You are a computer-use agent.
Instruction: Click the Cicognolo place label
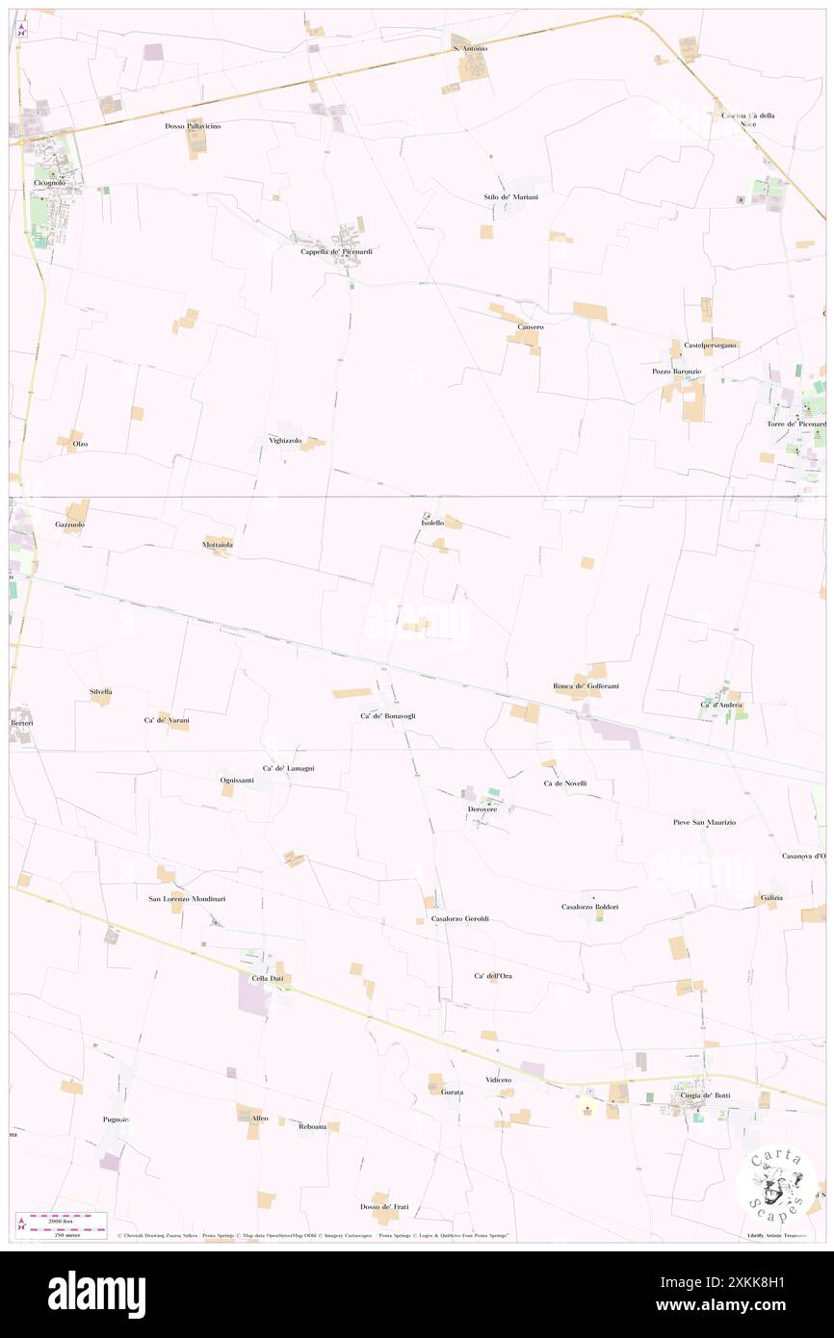click(x=49, y=182)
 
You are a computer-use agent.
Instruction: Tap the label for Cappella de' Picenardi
click(x=336, y=252)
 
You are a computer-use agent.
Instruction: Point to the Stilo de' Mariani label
click(x=510, y=197)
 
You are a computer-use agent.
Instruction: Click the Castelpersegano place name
click(x=711, y=345)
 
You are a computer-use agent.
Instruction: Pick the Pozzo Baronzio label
click(x=676, y=372)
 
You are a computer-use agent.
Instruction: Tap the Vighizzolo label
click(x=285, y=440)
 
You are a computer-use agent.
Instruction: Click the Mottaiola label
click(x=218, y=545)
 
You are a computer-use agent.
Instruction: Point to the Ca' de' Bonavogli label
click(x=388, y=716)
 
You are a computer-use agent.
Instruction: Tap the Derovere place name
click(x=482, y=810)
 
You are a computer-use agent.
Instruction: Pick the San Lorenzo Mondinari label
click(x=193, y=899)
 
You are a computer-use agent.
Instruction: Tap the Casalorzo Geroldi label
click(x=460, y=918)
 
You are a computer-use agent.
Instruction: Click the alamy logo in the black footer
click(x=96, y=1295)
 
